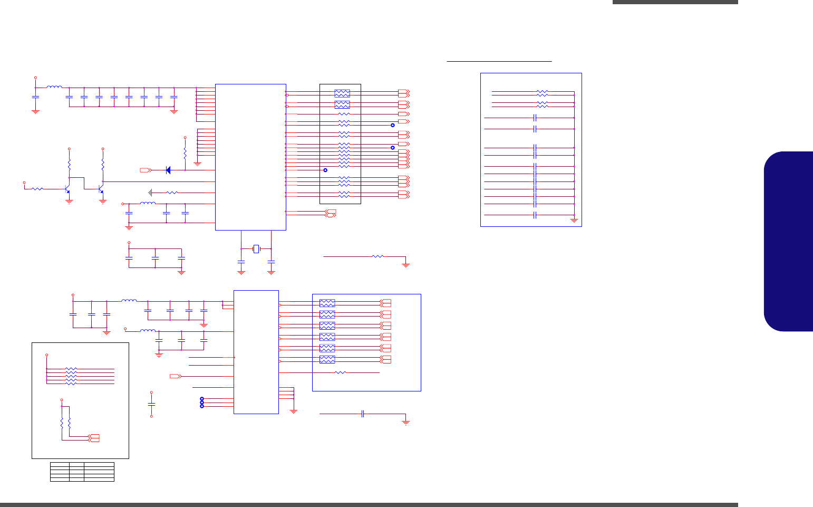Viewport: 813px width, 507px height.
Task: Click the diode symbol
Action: pos(168,170)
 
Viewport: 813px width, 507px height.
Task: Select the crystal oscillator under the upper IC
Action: pos(256,248)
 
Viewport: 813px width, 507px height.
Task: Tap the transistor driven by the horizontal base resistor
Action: pos(66,188)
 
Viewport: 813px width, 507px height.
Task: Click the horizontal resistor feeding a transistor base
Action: pos(37,188)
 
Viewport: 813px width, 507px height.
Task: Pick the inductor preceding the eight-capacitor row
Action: pos(54,88)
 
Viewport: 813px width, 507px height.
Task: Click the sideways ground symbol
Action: pos(150,193)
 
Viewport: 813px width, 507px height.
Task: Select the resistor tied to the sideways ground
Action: pos(172,193)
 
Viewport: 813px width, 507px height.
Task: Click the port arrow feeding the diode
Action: pos(146,170)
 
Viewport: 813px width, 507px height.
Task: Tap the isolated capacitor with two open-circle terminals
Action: pos(151,404)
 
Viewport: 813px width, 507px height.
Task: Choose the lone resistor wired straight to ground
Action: pos(378,256)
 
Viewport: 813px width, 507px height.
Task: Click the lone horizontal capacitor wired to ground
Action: pos(363,414)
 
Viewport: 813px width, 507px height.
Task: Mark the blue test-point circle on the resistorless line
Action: pos(325,170)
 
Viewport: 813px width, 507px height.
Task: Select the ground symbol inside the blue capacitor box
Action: pos(574,219)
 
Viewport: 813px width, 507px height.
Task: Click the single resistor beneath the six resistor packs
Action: pos(341,372)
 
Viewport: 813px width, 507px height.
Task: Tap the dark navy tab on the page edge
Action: pos(789,241)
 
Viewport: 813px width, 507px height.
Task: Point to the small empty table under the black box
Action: pos(82,472)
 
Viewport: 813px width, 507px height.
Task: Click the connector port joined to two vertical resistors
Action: pos(94,438)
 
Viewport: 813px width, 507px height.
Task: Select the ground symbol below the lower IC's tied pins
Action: pos(294,410)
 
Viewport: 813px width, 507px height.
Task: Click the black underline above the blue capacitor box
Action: pos(499,61)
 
